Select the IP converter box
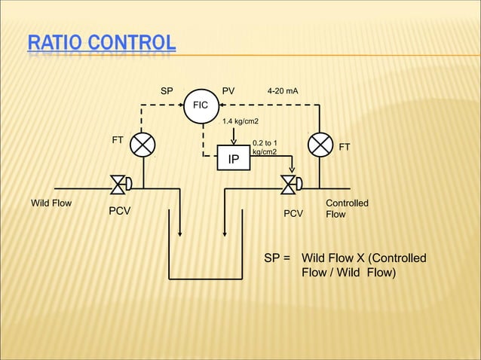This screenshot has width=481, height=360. (234, 159)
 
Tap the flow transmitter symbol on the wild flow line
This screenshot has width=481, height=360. (142, 144)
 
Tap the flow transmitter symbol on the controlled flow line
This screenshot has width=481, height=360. (321, 144)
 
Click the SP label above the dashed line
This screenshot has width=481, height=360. (167, 91)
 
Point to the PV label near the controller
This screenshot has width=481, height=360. (228, 91)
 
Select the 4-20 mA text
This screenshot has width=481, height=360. (283, 91)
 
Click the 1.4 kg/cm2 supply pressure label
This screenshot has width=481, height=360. (240, 121)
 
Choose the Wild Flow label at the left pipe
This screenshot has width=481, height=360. (51, 203)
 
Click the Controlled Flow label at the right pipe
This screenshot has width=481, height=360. (346, 209)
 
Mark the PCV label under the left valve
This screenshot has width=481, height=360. (120, 212)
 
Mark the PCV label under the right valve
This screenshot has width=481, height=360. (293, 214)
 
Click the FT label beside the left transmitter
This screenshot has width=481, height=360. (118, 140)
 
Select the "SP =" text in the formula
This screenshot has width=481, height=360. (277, 259)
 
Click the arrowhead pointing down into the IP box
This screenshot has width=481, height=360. (234, 141)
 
